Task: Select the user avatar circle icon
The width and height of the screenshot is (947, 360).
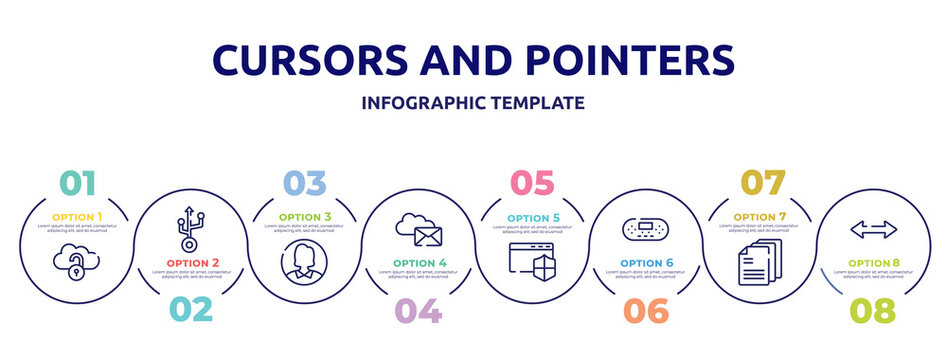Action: [305, 262]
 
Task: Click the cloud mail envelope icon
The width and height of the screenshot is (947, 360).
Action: [419, 228]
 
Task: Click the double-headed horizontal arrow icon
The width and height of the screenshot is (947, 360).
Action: [873, 230]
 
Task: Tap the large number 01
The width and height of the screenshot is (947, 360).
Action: [78, 183]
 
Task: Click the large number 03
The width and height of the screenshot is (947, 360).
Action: [305, 183]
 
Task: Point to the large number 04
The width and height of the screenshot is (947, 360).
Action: [418, 310]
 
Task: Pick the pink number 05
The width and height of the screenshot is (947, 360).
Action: [531, 183]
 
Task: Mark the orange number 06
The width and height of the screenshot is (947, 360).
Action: [646, 310]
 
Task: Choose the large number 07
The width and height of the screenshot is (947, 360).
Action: [760, 183]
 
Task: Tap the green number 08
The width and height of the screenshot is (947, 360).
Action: [873, 310]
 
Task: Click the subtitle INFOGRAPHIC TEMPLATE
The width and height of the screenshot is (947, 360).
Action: [473, 103]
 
